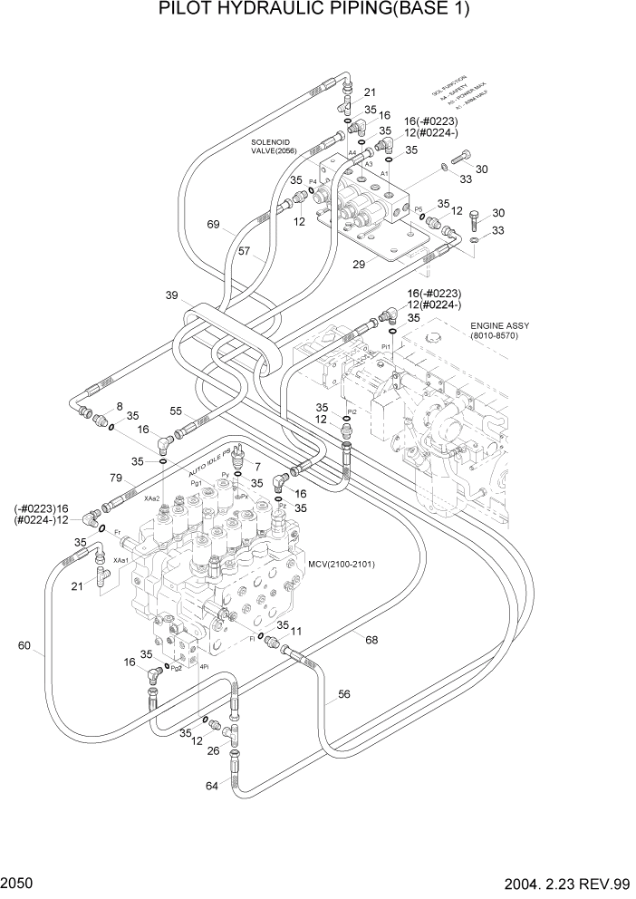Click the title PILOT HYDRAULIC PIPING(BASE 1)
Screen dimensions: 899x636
tap(317, 11)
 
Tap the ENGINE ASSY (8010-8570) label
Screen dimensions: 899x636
tap(499, 331)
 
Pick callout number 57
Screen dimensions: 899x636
tap(244, 253)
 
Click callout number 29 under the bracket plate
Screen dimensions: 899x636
tap(361, 263)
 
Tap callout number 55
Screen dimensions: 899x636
tap(177, 411)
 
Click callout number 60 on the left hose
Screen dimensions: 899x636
tap(24, 646)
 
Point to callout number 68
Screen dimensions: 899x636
tap(371, 641)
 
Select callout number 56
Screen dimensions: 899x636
tap(344, 695)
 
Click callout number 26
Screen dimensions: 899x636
tap(214, 749)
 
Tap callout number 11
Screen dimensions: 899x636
tap(295, 628)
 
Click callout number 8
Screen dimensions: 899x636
tap(119, 407)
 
